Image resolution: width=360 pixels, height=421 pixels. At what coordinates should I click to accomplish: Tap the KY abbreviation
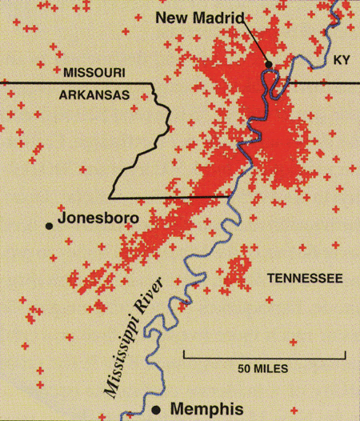click(343, 60)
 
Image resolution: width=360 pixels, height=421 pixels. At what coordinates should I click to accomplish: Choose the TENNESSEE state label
click(304, 279)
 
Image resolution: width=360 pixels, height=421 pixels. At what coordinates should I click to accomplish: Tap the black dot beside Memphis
click(168, 405)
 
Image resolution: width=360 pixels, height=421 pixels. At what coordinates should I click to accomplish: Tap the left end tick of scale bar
click(184, 354)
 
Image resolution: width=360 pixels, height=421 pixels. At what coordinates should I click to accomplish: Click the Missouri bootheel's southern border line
click(168, 197)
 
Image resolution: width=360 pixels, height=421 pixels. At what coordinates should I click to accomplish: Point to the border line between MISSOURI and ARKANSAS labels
click(80, 82)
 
